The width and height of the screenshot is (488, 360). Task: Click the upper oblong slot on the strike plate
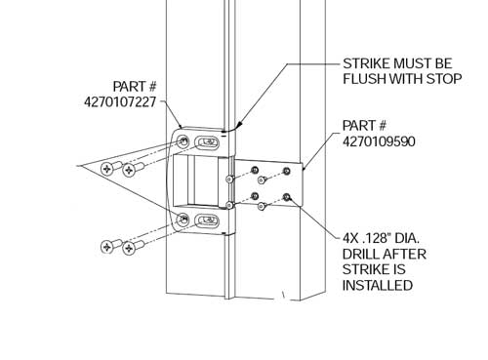(x=208, y=144)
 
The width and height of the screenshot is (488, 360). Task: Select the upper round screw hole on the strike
(x=183, y=143)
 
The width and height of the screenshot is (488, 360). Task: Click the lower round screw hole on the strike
(x=183, y=218)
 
